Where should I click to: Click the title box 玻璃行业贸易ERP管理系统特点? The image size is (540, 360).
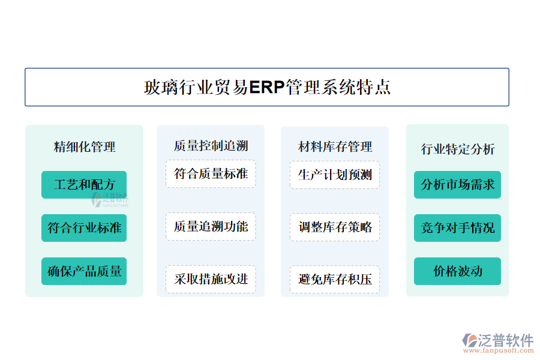(267, 87)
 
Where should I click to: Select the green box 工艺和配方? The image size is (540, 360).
(84, 185)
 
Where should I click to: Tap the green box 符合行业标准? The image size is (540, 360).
(84, 228)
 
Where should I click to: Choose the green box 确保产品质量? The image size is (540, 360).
(84, 271)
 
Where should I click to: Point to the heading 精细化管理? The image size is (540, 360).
(85, 147)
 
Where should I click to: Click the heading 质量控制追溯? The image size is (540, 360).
(211, 146)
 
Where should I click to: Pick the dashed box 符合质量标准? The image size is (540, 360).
(211, 173)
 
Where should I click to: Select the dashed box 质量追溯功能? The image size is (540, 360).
(211, 226)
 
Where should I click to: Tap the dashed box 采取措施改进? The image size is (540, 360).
(211, 279)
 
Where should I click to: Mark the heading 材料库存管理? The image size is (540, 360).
(335, 147)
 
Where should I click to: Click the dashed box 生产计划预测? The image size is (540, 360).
(335, 175)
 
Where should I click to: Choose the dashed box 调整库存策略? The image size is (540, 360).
(335, 227)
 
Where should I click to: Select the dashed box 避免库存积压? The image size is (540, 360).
(335, 280)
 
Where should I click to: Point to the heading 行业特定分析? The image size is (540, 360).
(458, 149)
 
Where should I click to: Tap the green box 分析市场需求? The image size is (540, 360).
(457, 185)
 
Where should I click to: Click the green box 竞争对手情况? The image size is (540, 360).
(457, 228)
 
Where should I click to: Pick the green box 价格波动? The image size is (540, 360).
(457, 271)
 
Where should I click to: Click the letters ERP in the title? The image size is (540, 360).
(267, 87)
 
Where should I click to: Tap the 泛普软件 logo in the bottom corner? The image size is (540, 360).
(498, 340)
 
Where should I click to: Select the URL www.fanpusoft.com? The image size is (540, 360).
(499, 350)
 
